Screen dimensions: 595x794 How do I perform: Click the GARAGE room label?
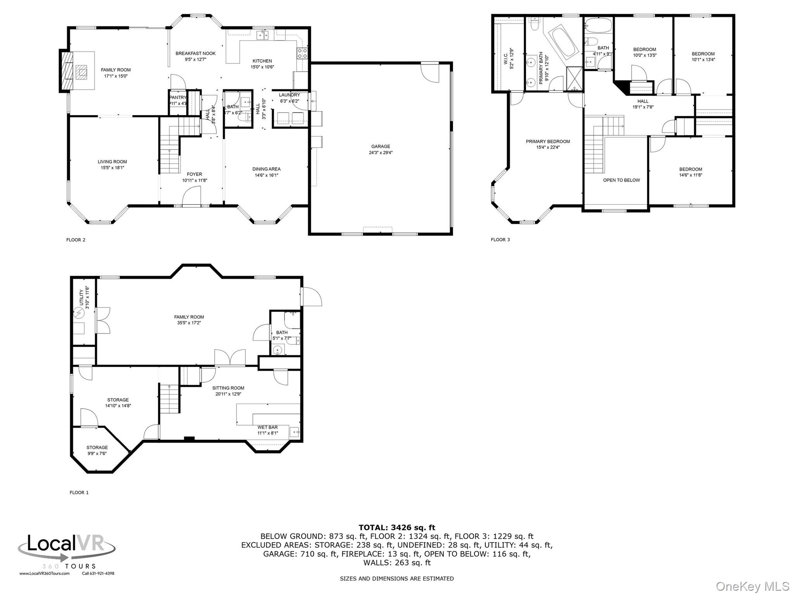coord(380,146)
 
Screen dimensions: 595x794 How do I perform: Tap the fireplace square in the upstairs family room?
coord(81,72)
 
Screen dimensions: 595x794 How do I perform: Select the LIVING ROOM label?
coord(112,162)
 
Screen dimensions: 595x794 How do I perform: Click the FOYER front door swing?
coord(192,196)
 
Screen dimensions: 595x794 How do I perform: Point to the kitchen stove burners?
coord(302,53)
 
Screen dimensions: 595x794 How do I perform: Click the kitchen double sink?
coord(262,35)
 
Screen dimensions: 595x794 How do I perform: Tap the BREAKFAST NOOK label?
coord(195,53)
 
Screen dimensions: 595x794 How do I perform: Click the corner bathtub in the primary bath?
coord(562,41)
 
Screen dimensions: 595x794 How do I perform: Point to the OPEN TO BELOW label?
coord(621,180)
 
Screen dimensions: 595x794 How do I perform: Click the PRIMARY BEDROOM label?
coord(547,141)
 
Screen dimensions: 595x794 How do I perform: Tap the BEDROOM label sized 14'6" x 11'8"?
coord(690,169)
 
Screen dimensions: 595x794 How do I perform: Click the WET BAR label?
coord(268,427)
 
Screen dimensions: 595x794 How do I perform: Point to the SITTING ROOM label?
coord(228,388)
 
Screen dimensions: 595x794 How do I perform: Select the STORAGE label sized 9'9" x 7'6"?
coord(97,447)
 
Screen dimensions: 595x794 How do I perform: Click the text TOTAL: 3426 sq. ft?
coord(397,527)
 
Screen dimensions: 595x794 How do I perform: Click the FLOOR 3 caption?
coord(500,239)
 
